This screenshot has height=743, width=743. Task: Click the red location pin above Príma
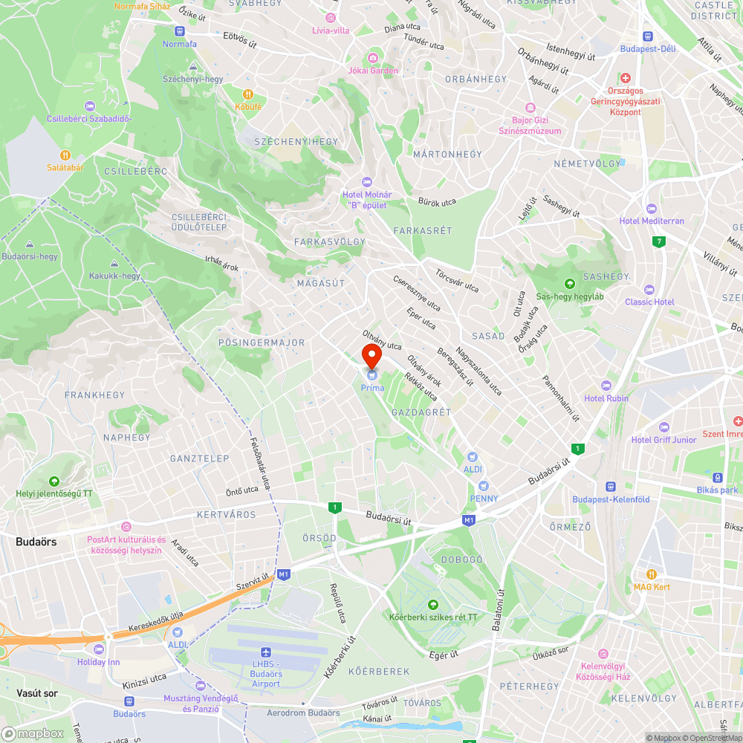(x=371, y=354)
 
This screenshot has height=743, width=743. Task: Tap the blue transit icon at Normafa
(x=179, y=31)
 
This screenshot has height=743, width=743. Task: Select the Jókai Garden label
(x=373, y=71)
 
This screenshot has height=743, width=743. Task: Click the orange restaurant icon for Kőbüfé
(x=248, y=94)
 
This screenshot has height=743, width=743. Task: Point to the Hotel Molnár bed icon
(x=366, y=182)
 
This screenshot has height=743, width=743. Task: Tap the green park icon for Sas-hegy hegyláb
(x=569, y=283)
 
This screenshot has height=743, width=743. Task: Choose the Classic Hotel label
(x=649, y=302)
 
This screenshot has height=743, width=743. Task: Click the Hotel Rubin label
(x=606, y=398)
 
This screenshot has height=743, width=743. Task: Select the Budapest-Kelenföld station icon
(x=610, y=487)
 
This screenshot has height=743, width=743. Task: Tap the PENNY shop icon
(x=484, y=485)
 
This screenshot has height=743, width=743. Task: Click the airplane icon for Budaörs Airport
(x=266, y=652)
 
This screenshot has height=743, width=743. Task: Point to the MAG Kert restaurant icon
(x=652, y=574)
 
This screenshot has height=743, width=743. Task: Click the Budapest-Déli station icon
(x=649, y=36)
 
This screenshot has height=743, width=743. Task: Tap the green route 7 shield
(x=658, y=241)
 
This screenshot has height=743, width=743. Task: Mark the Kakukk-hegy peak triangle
(x=114, y=264)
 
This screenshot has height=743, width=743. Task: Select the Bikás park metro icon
(x=718, y=477)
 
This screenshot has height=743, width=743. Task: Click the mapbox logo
(x=33, y=733)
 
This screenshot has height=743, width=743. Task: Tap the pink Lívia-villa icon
(x=331, y=18)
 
